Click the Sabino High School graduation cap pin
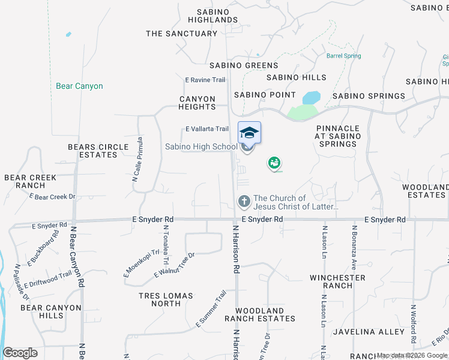[x=249, y=133]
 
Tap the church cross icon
[x=244, y=201]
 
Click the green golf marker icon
[x=274, y=163]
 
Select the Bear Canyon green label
[x=79, y=86]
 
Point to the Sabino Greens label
[x=244, y=65]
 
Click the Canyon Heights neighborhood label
[x=197, y=103]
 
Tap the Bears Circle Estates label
[x=98, y=151]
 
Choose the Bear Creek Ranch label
[x=30, y=181]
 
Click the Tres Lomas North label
[x=166, y=299]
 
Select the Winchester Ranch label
[x=337, y=281]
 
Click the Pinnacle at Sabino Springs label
[x=339, y=136]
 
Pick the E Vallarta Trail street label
[x=207, y=129]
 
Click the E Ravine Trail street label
[x=205, y=80]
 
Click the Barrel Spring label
[x=344, y=56]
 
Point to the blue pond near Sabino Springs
[x=311, y=97]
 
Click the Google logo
[x=20, y=353]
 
